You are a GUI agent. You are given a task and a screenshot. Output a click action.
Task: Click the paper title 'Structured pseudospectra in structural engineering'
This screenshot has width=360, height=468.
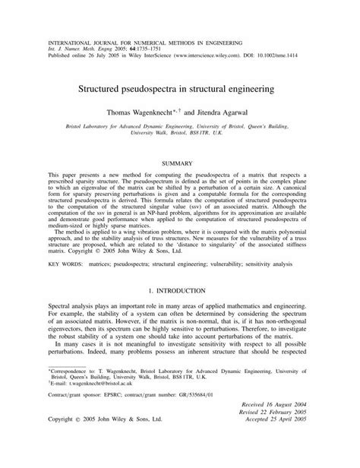pyautogui.click(x=179, y=90)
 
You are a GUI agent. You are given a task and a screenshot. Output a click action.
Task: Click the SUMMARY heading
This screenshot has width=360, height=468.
pyautogui.click(x=179, y=162)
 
